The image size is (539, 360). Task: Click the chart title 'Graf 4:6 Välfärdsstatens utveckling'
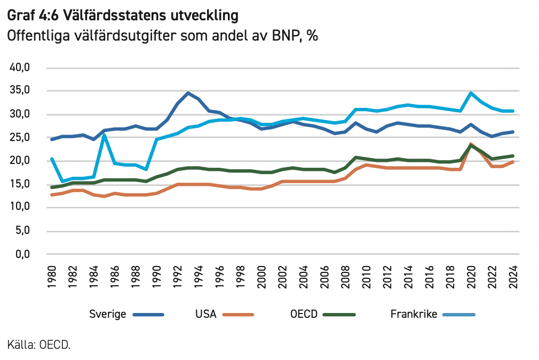pyautogui.click(x=122, y=15)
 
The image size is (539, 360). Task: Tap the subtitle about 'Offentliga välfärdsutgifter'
pyautogui.click(x=162, y=36)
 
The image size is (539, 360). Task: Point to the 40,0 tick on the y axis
pyautogui.click(x=22, y=68)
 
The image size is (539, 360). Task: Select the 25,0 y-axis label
pyautogui.click(x=22, y=138)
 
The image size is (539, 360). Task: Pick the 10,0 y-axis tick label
pyautogui.click(x=22, y=207)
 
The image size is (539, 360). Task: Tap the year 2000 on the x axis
pyautogui.click(x=262, y=276)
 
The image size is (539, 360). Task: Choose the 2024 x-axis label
pyautogui.click(x=513, y=276)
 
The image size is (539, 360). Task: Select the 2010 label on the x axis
pyautogui.click(x=367, y=276)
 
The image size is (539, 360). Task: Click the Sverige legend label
pyautogui.click(x=108, y=314)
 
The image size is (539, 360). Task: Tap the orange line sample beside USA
pyautogui.click(x=237, y=314)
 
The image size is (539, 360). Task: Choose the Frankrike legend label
pyautogui.click(x=414, y=314)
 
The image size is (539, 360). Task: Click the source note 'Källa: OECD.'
pyautogui.click(x=39, y=345)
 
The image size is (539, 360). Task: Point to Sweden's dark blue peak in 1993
pyautogui.click(x=188, y=93)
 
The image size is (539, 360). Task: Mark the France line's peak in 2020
pyautogui.click(x=471, y=93)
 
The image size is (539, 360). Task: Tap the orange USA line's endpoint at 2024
pyautogui.click(x=513, y=161)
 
